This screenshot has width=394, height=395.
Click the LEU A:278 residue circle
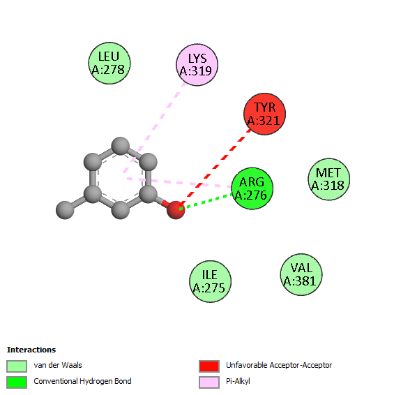(109, 64)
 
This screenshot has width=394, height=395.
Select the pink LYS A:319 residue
(197, 65)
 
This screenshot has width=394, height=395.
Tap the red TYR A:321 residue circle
(264, 114)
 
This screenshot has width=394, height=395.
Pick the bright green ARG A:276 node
(252, 188)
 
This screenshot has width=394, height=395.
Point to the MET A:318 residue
(329, 179)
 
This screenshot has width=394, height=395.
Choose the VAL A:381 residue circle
(301, 274)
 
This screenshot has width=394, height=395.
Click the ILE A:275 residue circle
(210, 281)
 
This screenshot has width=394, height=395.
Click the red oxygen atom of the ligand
(176, 210)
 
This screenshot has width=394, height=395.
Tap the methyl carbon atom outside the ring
(65, 210)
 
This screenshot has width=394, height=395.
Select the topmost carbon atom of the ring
(121, 146)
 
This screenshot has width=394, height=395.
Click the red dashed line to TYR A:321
(215, 167)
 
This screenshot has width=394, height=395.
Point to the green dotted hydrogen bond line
(206, 202)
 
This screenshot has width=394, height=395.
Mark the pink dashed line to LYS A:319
(155, 128)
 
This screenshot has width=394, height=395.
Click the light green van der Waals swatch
(17, 366)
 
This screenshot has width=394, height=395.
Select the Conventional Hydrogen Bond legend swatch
(17, 382)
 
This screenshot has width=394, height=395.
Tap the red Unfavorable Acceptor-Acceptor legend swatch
(209, 366)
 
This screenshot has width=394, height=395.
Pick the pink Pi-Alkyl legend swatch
(209, 382)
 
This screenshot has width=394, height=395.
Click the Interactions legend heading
(31, 350)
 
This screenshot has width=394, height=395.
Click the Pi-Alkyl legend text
(238, 382)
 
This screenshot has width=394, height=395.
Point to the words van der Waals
(58, 365)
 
